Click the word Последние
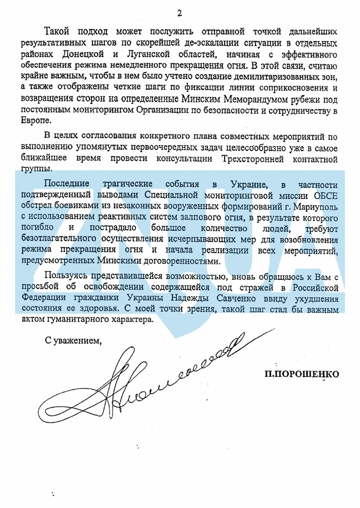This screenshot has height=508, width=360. click(x=67, y=184)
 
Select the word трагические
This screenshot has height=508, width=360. click(x=137, y=184)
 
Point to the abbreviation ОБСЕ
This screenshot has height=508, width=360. click(x=323, y=195)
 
